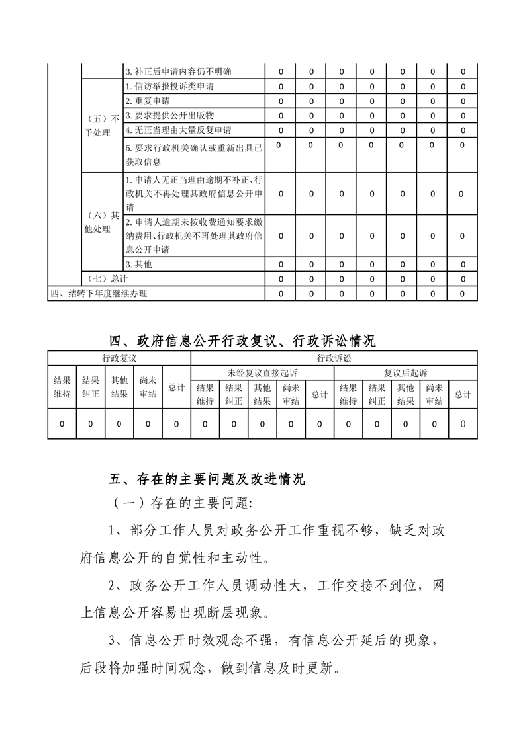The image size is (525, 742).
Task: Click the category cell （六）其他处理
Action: (x=102, y=223)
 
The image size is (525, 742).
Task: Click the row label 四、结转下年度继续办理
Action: (x=99, y=294)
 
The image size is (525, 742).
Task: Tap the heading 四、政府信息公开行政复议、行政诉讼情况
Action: (x=242, y=341)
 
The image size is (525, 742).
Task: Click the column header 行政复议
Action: (x=119, y=358)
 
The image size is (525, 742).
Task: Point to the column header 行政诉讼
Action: (x=334, y=358)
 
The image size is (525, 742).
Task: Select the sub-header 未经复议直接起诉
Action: (x=262, y=373)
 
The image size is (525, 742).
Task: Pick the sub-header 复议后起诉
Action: (x=406, y=373)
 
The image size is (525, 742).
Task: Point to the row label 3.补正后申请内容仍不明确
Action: (x=178, y=71)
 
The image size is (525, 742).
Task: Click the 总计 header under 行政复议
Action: (x=176, y=388)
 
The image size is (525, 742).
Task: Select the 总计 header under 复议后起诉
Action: (x=463, y=395)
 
